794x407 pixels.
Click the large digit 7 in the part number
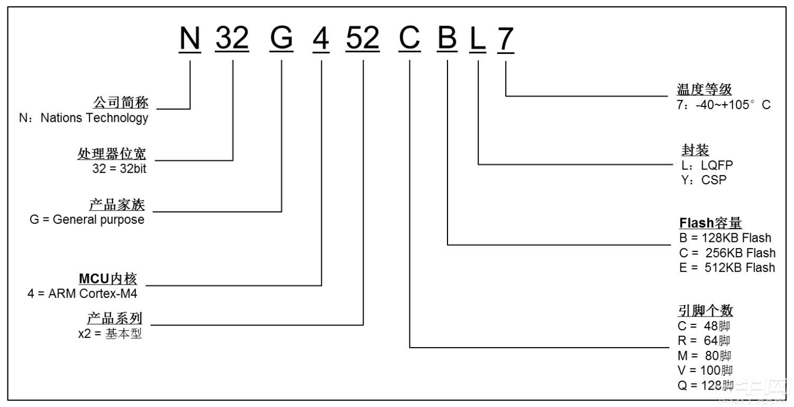point(505,39)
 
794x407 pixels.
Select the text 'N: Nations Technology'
point(84,118)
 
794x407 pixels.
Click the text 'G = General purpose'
point(87,220)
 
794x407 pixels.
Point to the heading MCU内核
point(110,278)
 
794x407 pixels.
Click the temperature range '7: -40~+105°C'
point(723,105)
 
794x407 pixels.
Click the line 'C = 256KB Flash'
point(727,252)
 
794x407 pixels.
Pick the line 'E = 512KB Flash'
point(727,267)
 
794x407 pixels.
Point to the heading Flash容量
point(710,223)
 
